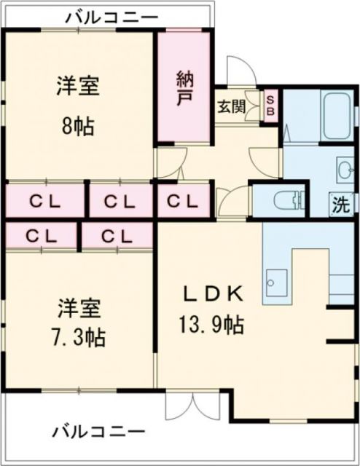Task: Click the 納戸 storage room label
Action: click(183, 87)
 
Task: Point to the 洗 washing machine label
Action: click(340, 205)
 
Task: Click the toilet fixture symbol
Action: click(288, 199)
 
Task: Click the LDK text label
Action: click(212, 294)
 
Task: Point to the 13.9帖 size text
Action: click(212, 323)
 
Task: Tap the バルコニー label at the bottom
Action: click(98, 431)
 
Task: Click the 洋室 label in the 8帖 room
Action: click(78, 87)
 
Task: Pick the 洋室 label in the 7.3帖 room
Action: click(78, 307)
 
